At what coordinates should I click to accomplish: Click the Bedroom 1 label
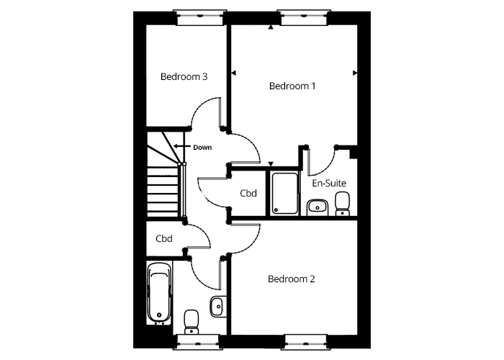coord(292,86)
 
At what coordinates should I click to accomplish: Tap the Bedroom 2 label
coord(291,279)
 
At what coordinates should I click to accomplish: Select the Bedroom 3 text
coord(184,77)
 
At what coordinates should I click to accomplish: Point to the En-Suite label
coord(329,183)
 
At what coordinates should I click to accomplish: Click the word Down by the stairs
coord(202,148)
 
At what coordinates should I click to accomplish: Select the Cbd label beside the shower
coord(248,193)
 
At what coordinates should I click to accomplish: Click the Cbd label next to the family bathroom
coord(164,238)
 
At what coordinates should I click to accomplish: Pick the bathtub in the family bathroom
coord(159,293)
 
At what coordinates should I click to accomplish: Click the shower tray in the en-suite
coord(285,193)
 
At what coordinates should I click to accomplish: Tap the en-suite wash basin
coord(318,207)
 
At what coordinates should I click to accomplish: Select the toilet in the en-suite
coord(342,204)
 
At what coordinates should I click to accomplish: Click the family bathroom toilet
coord(192,322)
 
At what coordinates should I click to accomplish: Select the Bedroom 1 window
coord(304,17)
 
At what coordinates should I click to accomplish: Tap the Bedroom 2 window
coord(306,342)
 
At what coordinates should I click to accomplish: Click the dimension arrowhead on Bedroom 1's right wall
coord(355,73)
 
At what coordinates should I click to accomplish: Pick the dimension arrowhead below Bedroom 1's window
coord(271,27)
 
